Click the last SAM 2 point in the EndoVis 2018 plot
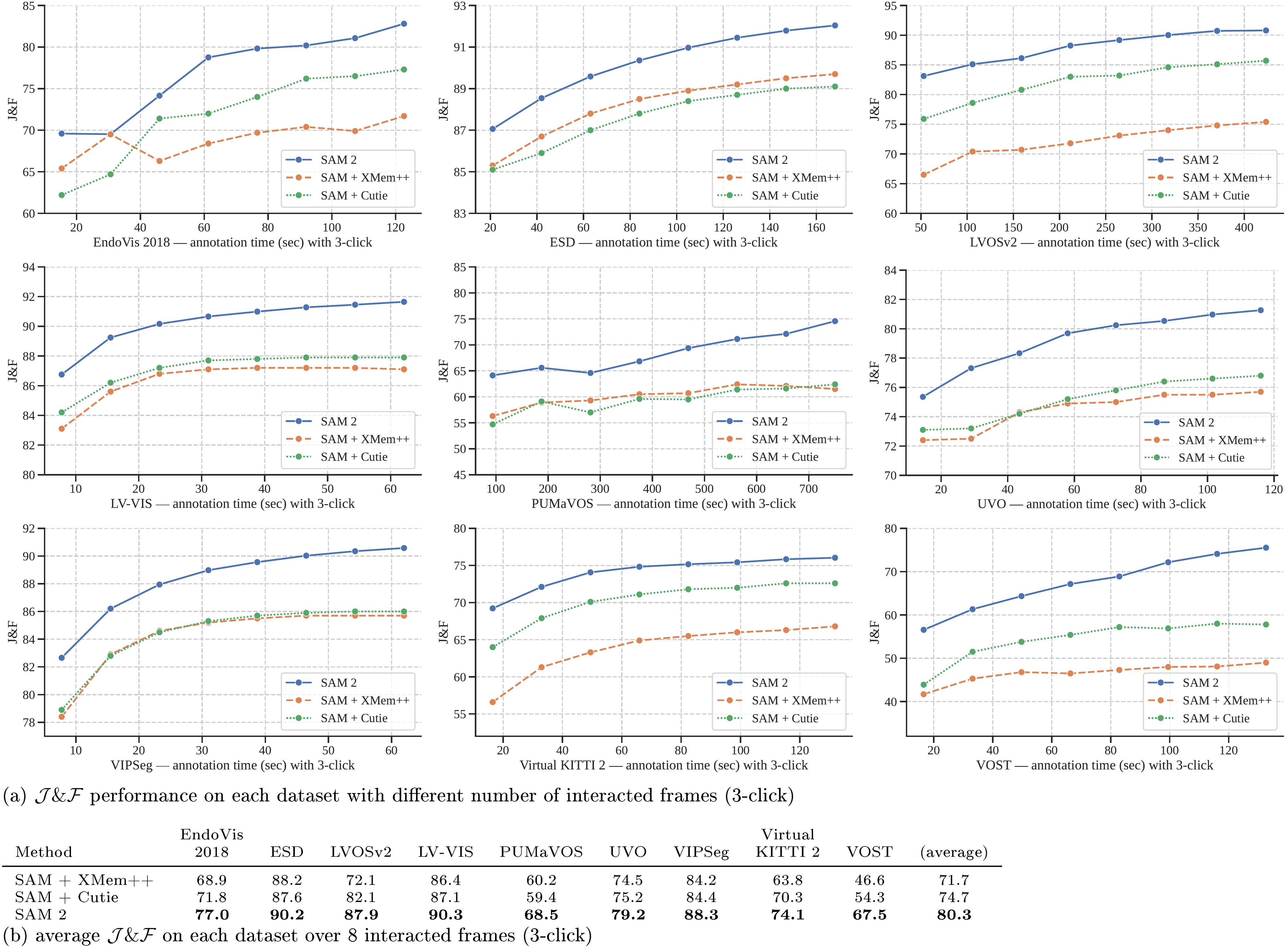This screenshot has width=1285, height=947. [403, 23]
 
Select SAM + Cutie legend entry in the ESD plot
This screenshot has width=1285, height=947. [784, 195]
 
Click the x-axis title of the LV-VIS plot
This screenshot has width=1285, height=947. [232, 504]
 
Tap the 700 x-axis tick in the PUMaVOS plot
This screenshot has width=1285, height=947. [808, 489]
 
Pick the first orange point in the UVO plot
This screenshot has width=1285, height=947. [923, 440]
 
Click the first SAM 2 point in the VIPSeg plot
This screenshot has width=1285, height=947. [61, 657]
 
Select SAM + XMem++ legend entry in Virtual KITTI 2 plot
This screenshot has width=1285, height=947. [795, 701]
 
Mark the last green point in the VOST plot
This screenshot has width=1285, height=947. [1265, 624]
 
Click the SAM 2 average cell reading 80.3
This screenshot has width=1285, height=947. [954, 915]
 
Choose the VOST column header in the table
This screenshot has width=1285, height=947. [869, 853]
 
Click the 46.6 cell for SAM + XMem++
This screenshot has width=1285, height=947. [869, 880]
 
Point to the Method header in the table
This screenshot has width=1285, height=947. [44, 853]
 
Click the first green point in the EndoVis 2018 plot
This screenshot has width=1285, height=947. [61, 195]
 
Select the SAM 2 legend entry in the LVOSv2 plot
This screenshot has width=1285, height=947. [1200, 160]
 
